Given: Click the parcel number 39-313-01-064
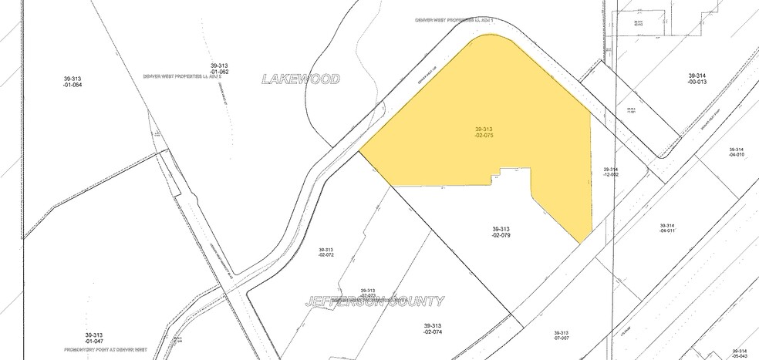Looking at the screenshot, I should coord(73,81).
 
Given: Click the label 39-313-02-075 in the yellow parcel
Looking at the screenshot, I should coord(484,132).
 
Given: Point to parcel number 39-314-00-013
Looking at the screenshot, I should coord(698,79).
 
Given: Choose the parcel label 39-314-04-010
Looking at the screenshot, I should coord(736,152).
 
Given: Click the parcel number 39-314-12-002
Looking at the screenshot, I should coord(611,172).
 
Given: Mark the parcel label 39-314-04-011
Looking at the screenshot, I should coord(667,227).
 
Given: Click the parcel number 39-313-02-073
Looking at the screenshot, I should coord(367,292).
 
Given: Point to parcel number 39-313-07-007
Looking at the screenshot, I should coord(561,335).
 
